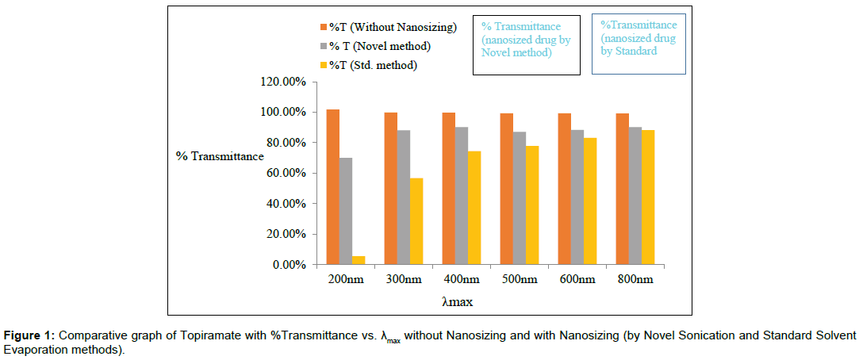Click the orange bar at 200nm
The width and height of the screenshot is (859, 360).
333,187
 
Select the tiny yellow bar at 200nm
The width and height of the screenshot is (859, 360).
359,260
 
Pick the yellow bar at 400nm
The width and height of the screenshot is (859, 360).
474,208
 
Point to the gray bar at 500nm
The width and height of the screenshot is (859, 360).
520,198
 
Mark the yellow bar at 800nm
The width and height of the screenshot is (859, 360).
648,197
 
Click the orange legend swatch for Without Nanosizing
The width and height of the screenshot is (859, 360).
323,28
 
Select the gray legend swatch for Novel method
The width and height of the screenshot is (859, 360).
323,47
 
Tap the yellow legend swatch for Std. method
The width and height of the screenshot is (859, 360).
323,65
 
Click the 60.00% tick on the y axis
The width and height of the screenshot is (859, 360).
282,174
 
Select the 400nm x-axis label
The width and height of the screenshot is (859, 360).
461,280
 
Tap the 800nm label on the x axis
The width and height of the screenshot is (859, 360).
635,280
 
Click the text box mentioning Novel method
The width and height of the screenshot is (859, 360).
526,45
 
